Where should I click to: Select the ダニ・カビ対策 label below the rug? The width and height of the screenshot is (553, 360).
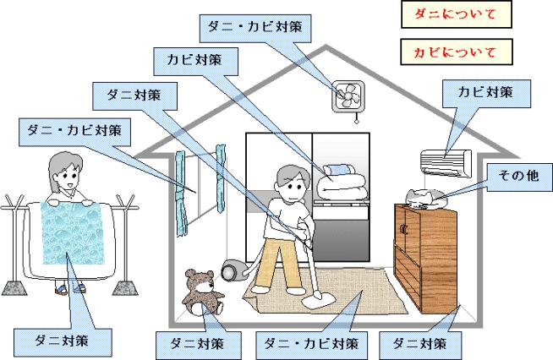[x=306, y=344]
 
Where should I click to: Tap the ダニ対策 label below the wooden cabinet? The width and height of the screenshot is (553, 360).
[x=422, y=344]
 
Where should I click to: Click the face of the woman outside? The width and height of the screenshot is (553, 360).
[x=63, y=176]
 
